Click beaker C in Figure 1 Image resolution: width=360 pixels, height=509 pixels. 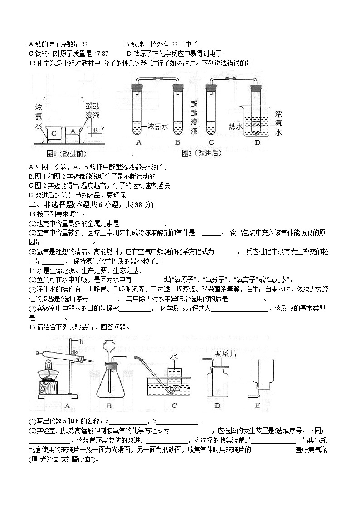click(x=54, y=134)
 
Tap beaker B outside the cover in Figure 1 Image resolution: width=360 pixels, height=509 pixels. click(x=95, y=133)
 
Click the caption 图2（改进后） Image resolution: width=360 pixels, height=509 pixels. click(x=202, y=153)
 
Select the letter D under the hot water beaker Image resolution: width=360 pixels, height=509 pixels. click(x=257, y=142)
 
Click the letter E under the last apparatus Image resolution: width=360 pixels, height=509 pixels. click(x=258, y=405)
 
